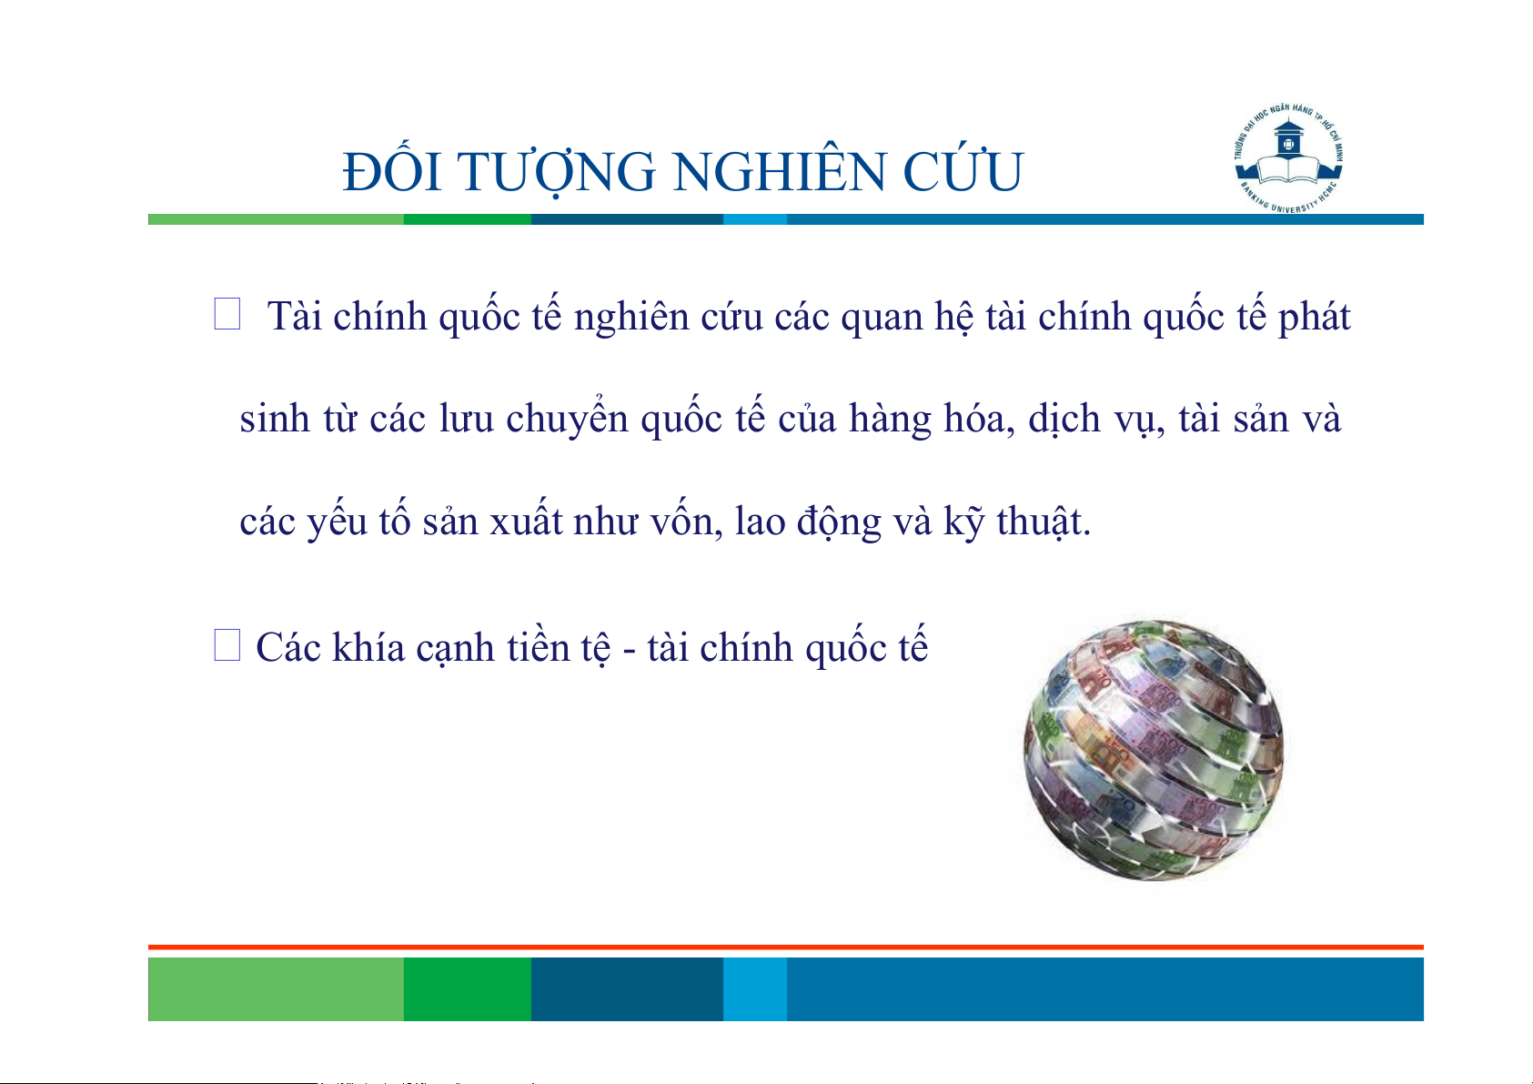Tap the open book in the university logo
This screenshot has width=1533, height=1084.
coord(1288,171)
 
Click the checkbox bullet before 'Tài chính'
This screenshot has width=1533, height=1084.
coord(227,314)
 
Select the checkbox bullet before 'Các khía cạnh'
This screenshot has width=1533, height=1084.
coord(227,645)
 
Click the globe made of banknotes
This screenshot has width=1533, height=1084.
coord(1154,750)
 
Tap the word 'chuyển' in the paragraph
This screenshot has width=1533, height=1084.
coord(567,417)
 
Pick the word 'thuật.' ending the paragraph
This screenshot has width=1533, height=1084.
coord(1044,522)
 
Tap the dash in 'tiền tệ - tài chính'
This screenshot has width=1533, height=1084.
coord(629,652)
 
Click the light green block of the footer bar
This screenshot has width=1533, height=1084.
coord(276,988)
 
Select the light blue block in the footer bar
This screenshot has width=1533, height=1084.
coord(755,988)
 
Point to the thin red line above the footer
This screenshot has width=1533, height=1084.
coord(786,947)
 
